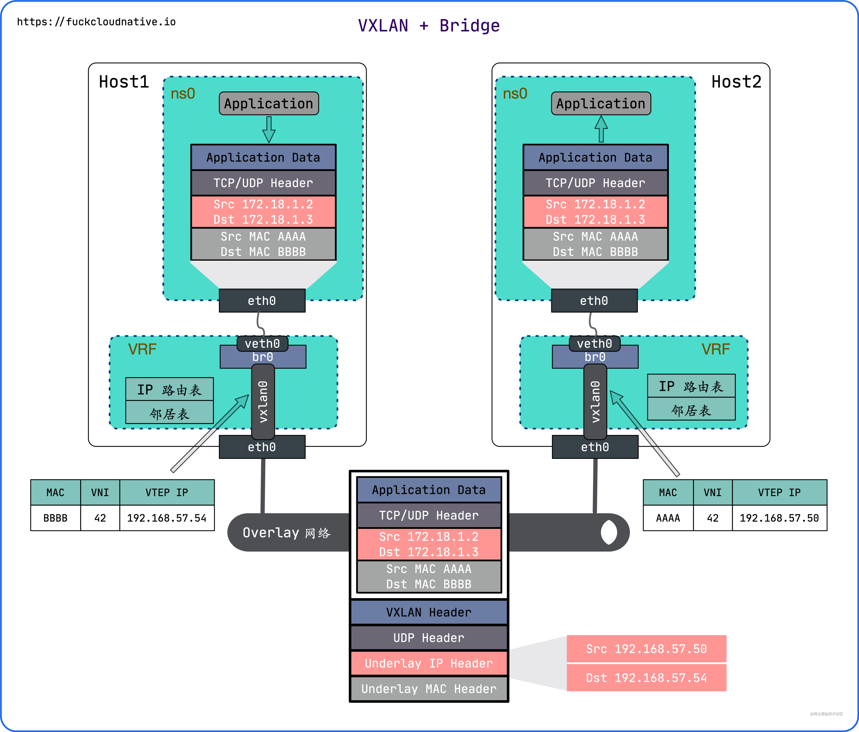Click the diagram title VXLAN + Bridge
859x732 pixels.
pyautogui.click(x=429, y=26)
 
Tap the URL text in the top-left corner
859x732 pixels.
pyautogui.click(x=96, y=22)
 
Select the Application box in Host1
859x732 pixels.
pyautogui.click(x=269, y=103)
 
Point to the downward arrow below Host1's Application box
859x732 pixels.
pyautogui.click(x=269, y=129)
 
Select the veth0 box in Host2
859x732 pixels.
pyautogui.click(x=594, y=343)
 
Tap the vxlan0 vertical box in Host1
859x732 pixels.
pyautogui.click(x=263, y=401)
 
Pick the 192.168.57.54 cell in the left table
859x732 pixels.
pyautogui.click(x=167, y=518)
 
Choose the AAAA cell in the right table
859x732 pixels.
pyautogui.click(x=668, y=518)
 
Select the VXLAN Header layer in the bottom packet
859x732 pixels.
pyautogui.click(x=429, y=612)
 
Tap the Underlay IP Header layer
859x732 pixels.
pyautogui.click(x=429, y=663)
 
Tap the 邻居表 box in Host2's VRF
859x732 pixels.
pyautogui.click(x=691, y=410)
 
